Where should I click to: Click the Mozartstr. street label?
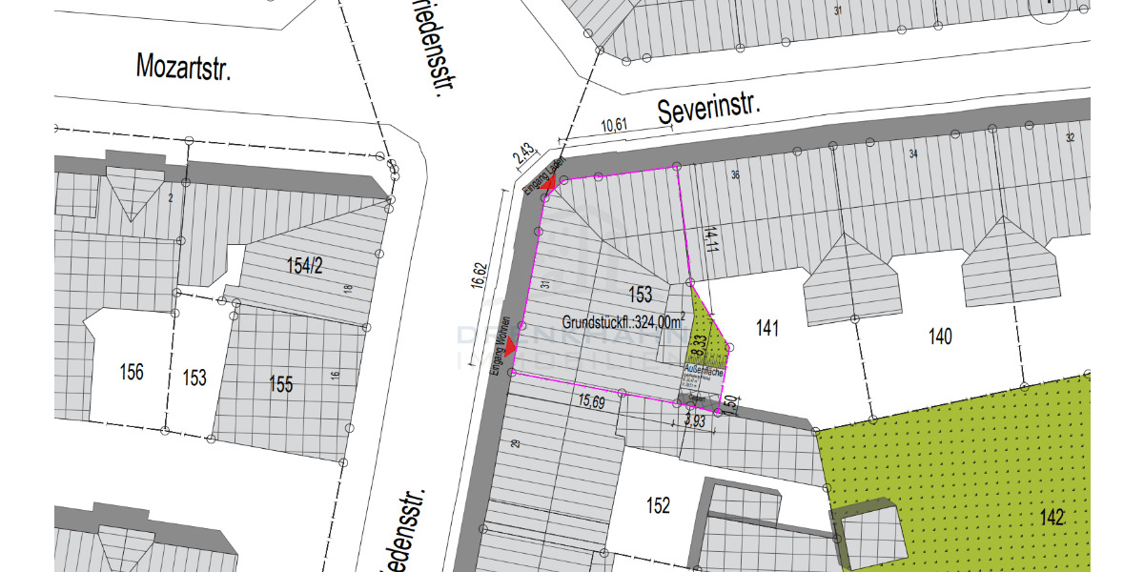coord(184,67)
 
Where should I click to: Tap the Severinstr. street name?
coord(709,109)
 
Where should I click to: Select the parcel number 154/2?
coord(304,266)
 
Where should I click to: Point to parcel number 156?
coord(131,371)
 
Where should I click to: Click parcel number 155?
coord(280,384)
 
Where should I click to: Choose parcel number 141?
coord(767,329)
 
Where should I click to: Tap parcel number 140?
coord(939,336)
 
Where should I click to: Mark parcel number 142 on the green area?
coord(1052,517)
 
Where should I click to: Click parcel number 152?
coord(658,505)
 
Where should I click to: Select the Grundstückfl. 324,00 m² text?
coord(623,321)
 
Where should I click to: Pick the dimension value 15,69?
coord(592,402)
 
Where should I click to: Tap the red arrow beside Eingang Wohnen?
coord(510,347)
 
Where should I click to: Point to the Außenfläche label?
coord(705,368)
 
